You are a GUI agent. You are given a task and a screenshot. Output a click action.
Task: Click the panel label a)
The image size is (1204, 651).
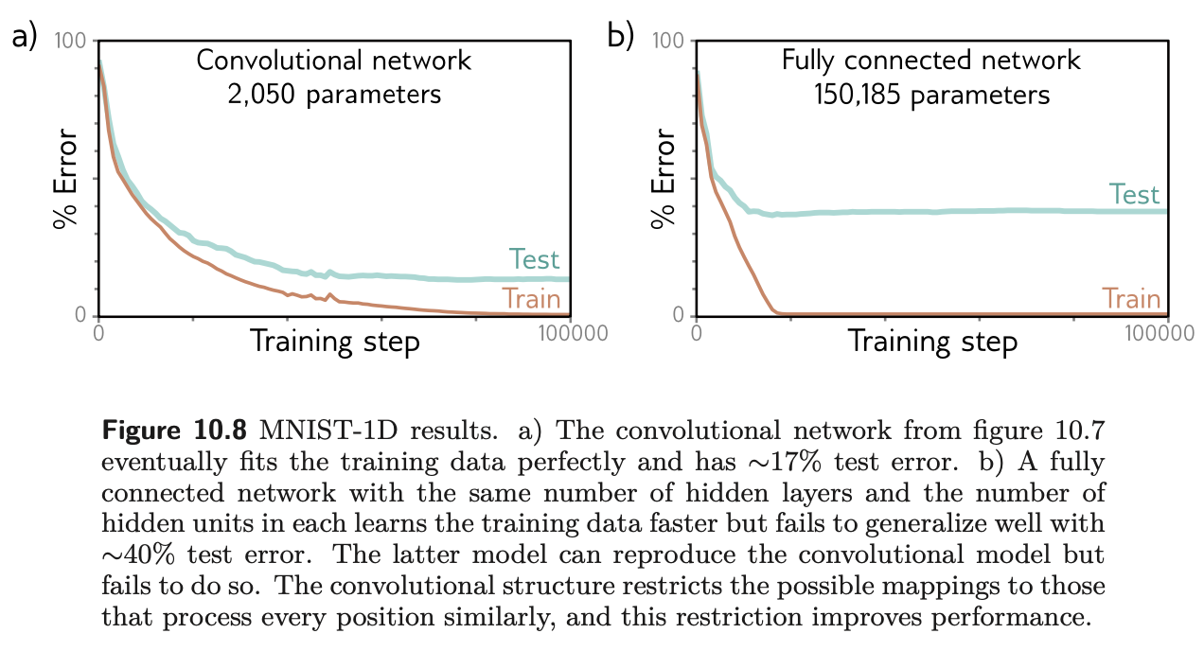tap(24, 37)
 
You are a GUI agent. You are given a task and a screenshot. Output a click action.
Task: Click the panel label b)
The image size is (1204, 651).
tap(620, 37)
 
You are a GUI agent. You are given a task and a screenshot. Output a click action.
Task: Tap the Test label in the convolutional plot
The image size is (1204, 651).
tap(534, 258)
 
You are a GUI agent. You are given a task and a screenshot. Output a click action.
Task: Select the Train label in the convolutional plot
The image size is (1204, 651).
tap(532, 298)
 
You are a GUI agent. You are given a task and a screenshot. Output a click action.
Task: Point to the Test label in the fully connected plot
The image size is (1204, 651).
tap(1134, 194)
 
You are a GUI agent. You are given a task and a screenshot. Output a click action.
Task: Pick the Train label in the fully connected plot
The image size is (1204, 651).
tap(1132, 298)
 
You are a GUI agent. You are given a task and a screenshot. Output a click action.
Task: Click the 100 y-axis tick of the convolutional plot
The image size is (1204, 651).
tap(71, 42)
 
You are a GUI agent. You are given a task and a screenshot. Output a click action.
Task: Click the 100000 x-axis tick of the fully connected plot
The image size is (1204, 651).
tap(1170, 334)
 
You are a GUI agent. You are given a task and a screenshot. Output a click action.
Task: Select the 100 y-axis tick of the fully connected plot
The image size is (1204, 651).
tap(669, 42)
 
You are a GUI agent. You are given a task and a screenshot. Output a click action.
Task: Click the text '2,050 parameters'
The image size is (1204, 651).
tap(334, 95)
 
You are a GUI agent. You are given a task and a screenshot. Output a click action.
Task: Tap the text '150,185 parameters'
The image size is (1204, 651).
tap(931, 95)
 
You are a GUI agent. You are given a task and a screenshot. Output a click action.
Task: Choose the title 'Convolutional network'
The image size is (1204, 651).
tap(333, 62)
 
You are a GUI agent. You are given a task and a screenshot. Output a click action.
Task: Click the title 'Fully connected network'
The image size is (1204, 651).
tap(931, 62)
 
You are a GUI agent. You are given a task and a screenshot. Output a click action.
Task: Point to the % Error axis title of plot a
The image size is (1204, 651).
tap(64, 179)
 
